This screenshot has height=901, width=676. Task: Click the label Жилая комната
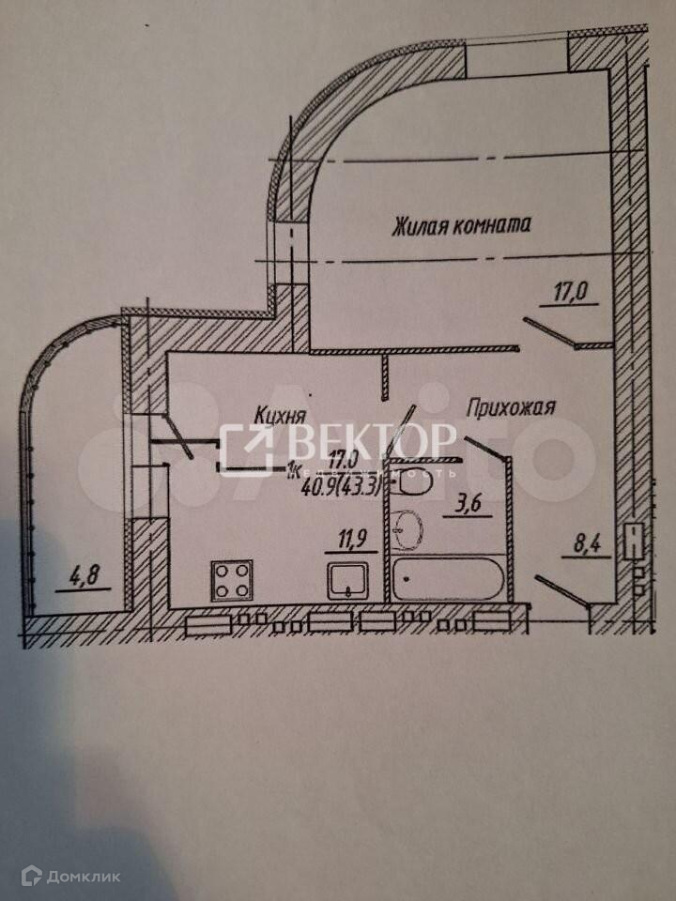462,225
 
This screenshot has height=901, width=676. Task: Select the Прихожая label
512,407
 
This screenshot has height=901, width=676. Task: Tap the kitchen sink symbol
350,582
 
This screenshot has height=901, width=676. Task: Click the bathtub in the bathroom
448,580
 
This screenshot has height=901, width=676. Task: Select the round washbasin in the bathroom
407,530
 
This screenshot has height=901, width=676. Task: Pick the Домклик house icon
32,877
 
